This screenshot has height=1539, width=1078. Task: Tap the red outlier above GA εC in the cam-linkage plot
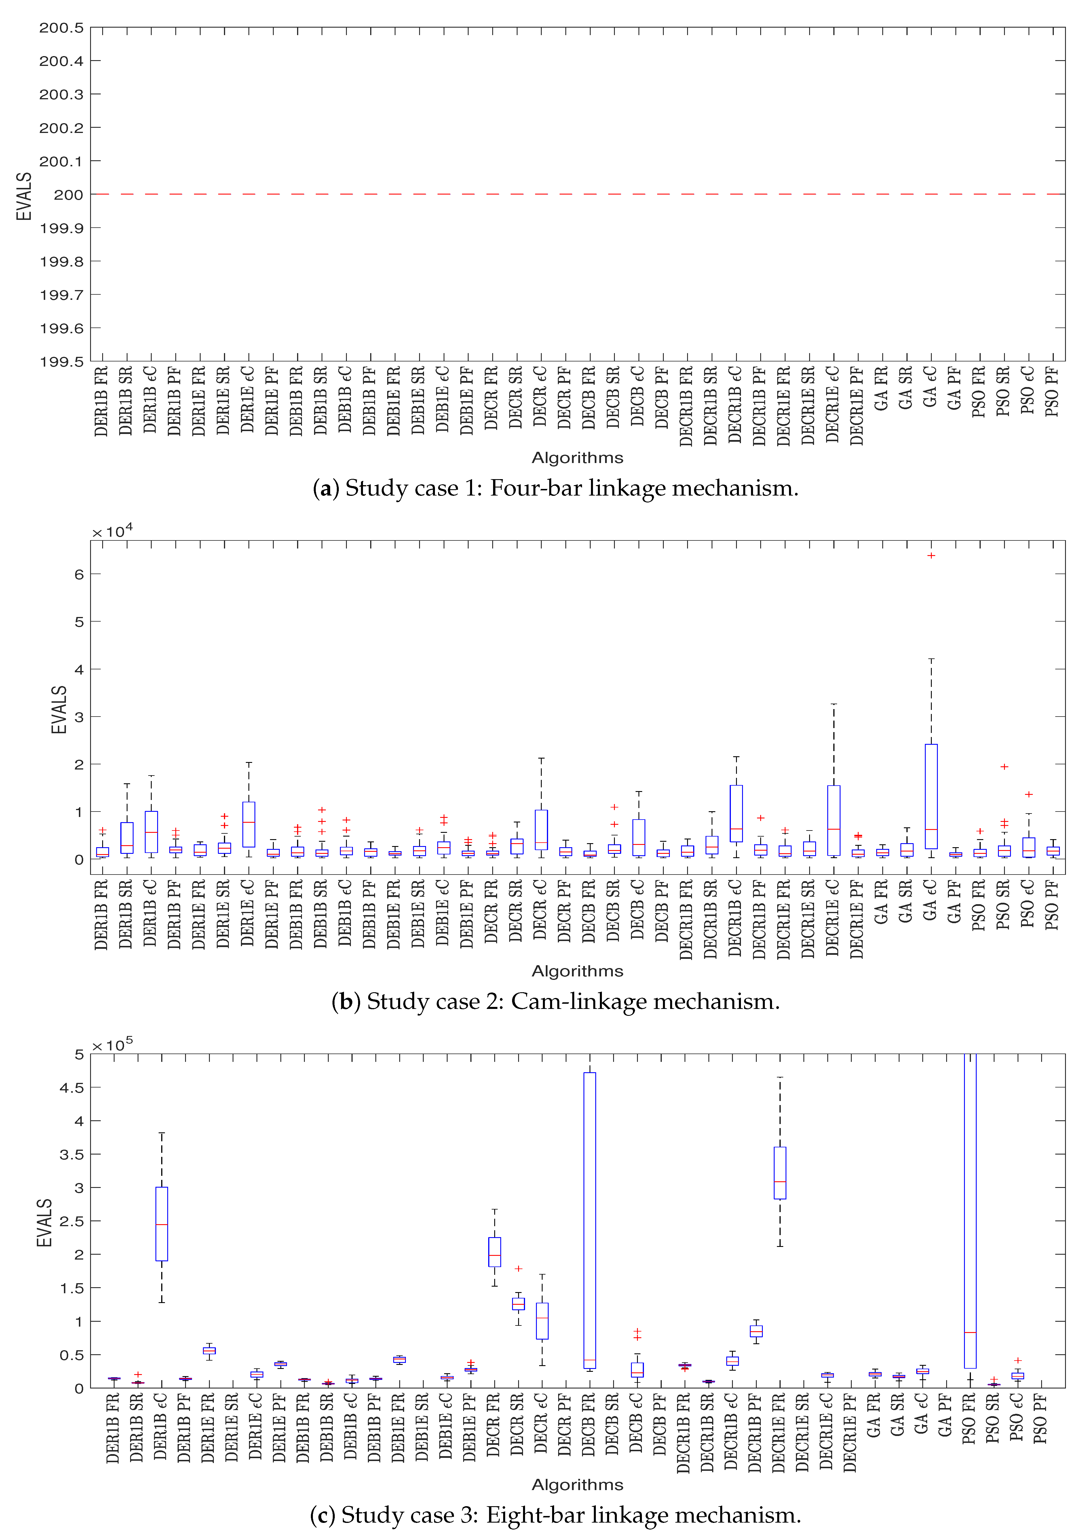click(931, 555)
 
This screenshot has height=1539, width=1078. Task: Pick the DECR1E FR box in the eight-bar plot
click(780, 1173)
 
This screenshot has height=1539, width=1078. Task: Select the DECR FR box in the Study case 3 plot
click(495, 1252)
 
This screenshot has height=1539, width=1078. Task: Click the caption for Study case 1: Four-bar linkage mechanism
click(555, 488)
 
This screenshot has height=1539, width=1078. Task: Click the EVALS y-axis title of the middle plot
click(59, 709)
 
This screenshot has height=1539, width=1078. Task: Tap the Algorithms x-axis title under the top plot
click(577, 458)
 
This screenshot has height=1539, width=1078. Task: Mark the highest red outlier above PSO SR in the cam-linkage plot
click(1003, 766)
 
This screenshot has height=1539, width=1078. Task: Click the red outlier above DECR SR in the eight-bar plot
click(518, 1268)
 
